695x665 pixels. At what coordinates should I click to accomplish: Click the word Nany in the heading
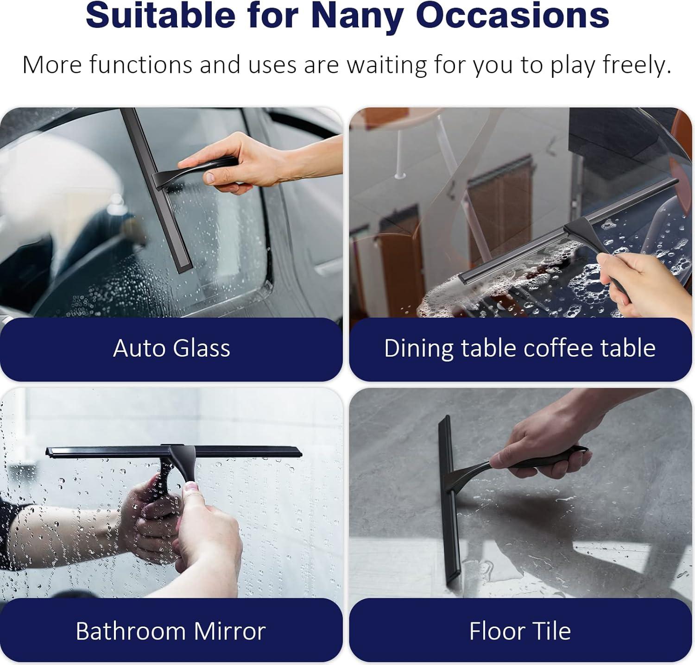357,16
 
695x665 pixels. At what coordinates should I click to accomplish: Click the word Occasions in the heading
512,16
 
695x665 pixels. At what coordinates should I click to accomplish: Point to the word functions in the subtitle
141,65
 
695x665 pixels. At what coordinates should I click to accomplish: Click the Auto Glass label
171,348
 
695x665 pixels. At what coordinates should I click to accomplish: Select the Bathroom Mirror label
171,631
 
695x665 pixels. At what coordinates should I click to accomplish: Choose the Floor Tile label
520,631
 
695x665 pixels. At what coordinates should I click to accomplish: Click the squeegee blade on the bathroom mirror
174,451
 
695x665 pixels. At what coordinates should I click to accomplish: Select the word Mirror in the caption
229,631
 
